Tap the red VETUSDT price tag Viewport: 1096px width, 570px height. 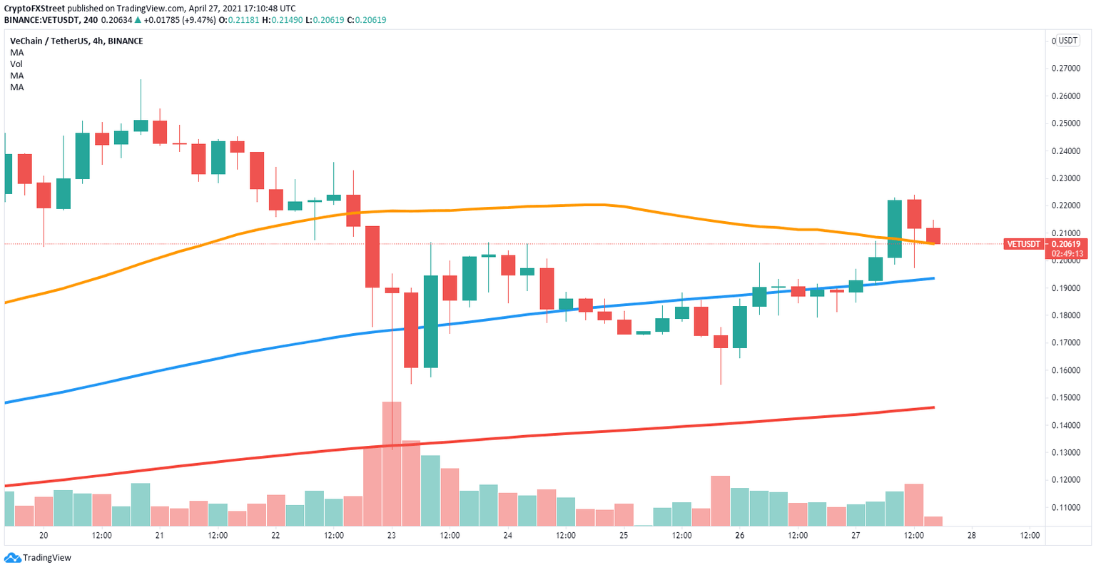pos(1023,244)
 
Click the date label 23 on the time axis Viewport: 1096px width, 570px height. pos(391,535)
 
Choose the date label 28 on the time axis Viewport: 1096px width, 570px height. pos(971,535)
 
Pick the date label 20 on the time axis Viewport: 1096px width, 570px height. pos(44,535)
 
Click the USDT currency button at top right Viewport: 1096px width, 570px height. pos(1067,41)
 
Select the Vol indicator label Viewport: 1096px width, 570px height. pos(16,64)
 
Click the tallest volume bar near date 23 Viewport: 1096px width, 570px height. pos(392,464)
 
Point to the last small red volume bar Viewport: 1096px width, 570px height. pos(933,521)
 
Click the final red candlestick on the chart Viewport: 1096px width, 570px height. pos(933,235)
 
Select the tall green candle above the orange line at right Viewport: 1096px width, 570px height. pos(894,228)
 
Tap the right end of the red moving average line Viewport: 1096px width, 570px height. pos(933,407)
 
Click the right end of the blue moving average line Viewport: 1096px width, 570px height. pos(933,278)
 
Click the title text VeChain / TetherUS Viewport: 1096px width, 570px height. pos(49,41)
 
